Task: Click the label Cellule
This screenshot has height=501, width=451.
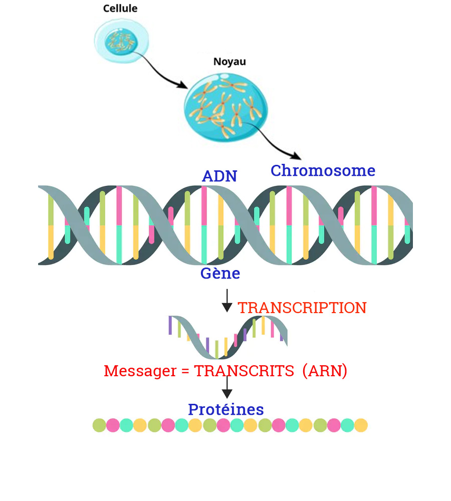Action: pos(120,9)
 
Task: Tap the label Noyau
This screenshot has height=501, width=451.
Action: pos(230,62)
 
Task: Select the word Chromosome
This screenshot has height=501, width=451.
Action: pos(323,171)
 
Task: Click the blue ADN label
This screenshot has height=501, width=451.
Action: pos(219,176)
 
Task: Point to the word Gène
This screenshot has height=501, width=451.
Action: pos(220,274)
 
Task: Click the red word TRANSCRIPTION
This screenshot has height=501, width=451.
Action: pos(302,308)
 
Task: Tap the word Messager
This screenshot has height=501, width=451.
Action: pos(140,371)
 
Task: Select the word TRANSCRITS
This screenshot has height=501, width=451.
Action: pos(244,371)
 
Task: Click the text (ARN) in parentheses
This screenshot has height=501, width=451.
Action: pos(325,371)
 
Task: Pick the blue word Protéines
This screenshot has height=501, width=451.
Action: pos(225,410)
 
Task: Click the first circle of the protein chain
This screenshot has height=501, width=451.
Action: pos(100,425)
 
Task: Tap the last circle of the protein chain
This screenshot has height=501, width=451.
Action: pos(361,425)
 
